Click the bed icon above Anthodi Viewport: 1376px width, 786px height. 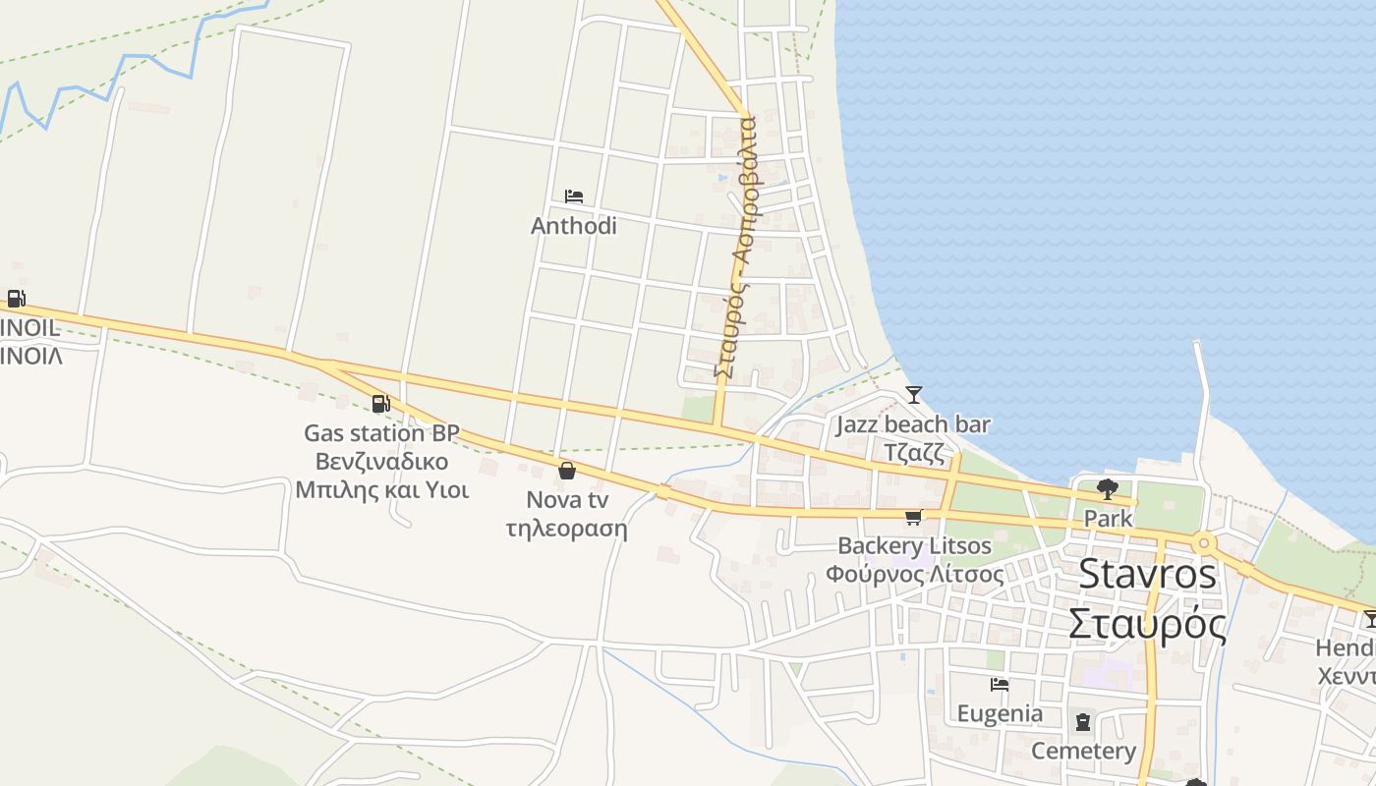574,196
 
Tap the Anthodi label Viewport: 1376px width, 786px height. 574,226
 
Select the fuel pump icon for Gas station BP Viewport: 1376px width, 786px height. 381,403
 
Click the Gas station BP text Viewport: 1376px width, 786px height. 381,433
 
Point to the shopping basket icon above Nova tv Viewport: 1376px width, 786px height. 567,471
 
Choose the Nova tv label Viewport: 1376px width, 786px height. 567,500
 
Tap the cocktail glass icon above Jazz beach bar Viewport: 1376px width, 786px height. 914,395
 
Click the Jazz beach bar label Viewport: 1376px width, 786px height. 913,425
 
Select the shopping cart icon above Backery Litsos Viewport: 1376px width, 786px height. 914,517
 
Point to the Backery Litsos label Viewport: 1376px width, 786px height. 914,546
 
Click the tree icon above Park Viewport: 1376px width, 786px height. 1108,488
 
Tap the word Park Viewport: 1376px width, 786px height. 1108,518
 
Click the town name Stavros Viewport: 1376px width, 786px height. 1147,575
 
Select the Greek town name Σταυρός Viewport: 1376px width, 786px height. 1147,624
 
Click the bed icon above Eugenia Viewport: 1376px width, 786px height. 1000,685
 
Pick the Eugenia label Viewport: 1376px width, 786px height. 1000,714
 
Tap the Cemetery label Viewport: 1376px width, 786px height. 1083,752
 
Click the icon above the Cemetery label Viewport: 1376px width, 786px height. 1083,722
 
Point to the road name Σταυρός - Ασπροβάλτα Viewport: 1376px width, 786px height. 735,246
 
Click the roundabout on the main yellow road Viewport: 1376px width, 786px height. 1204,542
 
